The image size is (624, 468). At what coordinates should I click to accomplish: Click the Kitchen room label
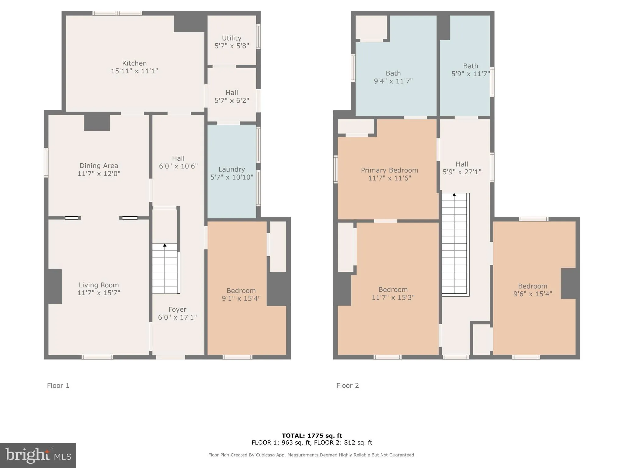pyautogui.click(x=134, y=63)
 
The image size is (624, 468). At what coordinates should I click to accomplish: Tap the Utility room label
pyautogui.click(x=232, y=38)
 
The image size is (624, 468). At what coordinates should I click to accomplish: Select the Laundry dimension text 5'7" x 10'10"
pyautogui.click(x=232, y=177)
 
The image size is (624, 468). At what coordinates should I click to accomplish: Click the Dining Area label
pyautogui.click(x=99, y=166)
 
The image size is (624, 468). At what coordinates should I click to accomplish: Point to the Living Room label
pyautogui.click(x=99, y=285)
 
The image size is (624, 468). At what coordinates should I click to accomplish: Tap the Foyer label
pyautogui.click(x=177, y=310)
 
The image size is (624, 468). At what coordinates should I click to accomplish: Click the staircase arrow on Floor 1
pyautogui.click(x=165, y=245)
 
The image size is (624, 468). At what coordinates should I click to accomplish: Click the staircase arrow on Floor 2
pyautogui.click(x=454, y=195)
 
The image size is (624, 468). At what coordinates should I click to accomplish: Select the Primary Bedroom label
pyautogui.click(x=389, y=170)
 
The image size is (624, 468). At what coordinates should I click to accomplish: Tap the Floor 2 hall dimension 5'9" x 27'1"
pyautogui.click(x=462, y=172)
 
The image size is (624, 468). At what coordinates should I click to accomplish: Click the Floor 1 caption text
pyautogui.click(x=58, y=385)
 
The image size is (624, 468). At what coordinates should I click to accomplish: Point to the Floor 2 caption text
pyautogui.click(x=348, y=385)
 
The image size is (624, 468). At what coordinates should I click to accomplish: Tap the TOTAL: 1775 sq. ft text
pyautogui.click(x=312, y=436)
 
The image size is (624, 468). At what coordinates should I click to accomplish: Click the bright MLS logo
pyautogui.click(x=38, y=455)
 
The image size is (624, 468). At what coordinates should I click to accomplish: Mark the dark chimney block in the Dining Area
pyautogui.click(x=97, y=122)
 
